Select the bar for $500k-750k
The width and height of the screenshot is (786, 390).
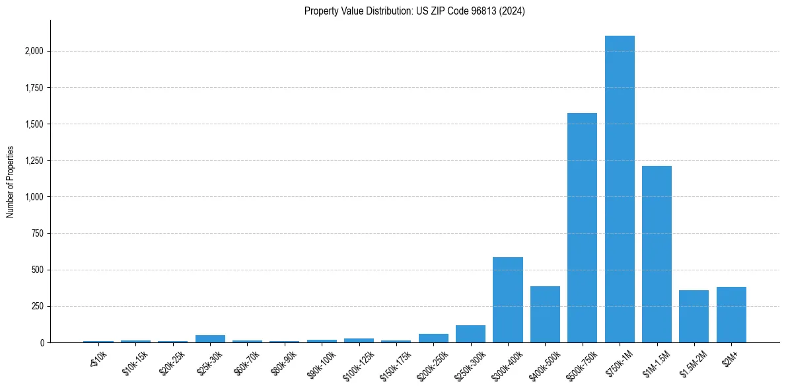pyautogui.click(x=582, y=228)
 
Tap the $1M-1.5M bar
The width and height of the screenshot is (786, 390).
pyautogui.click(x=657, y=254)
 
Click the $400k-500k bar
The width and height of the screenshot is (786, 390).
pyautogui.click(x=545, y=315)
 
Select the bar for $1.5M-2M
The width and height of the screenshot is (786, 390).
pyautogui.click(x=694, y=317)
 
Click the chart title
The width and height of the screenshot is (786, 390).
pyautogui.click(x=415, y=11)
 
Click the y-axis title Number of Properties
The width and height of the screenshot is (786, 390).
pyautogui.click(x=11, y=182)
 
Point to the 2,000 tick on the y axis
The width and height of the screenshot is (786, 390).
pyautogui.click(x=34, y=51)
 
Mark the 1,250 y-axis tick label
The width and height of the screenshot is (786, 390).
pyautogui.click(x=34, y=161)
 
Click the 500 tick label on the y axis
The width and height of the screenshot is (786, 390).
pyautogui.click(x=38, y=270)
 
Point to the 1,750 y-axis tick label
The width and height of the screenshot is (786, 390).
pyautogui.click(x=34, y=87)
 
